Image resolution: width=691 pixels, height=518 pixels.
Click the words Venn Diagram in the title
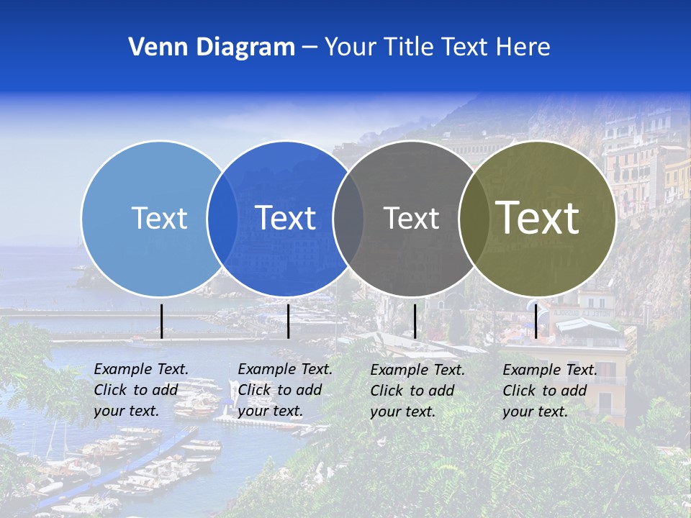click(x=212, y=47)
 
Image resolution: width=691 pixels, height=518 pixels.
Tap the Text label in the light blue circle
click(x=159, y=218)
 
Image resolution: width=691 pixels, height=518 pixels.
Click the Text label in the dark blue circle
click(x=286, y=218)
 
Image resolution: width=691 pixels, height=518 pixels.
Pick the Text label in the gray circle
click(x=412, y=218)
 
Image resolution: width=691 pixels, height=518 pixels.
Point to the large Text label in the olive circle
click(x=538, y=218)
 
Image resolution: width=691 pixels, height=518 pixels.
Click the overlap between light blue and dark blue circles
click(x=222, y=218)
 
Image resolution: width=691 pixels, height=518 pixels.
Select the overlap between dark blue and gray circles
click(x=348, y=218)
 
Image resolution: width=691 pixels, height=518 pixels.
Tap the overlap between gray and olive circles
click(x=474, y=218)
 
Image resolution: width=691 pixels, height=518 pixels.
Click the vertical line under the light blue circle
click(x=162, y=321)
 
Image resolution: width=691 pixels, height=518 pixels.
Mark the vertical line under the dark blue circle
click(x=288, y=321)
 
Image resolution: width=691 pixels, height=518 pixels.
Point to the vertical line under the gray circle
click(x=415, y=321)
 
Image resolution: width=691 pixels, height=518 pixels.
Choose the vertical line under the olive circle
click(x=536, y=321)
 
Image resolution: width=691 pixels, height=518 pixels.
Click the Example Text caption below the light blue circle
click(x=141, y=390)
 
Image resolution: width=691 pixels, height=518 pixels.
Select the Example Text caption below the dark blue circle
click(x=285, y=390)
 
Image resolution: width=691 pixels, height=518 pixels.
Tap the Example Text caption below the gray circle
click(x=417, y=391)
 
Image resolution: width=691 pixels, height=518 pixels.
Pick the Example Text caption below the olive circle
click(x=550, y=391)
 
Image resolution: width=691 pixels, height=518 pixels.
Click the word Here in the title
click(x=523, y=47)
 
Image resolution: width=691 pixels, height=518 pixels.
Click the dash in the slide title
click(x=310, y=47)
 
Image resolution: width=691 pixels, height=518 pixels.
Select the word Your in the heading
click(x=351, y=47)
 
